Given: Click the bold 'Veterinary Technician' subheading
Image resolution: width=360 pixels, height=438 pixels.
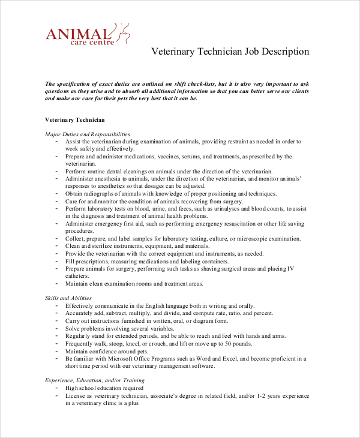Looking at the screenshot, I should pyautogui.click(x=75, y=120).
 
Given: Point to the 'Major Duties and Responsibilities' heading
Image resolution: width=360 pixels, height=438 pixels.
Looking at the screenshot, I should pyautogui.click(x=88, y=134).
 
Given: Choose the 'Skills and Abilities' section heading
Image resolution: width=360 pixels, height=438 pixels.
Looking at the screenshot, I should pyautogui.click(x=68, y=298).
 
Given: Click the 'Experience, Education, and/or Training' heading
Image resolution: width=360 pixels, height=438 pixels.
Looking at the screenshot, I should pyautogui.click(x=95, y=380).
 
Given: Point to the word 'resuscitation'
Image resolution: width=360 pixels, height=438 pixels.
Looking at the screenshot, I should pyautogui.click(x=227, y=224).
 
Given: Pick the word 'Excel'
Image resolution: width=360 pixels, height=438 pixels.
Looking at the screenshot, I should pyautogui.click(x=238, y=358).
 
